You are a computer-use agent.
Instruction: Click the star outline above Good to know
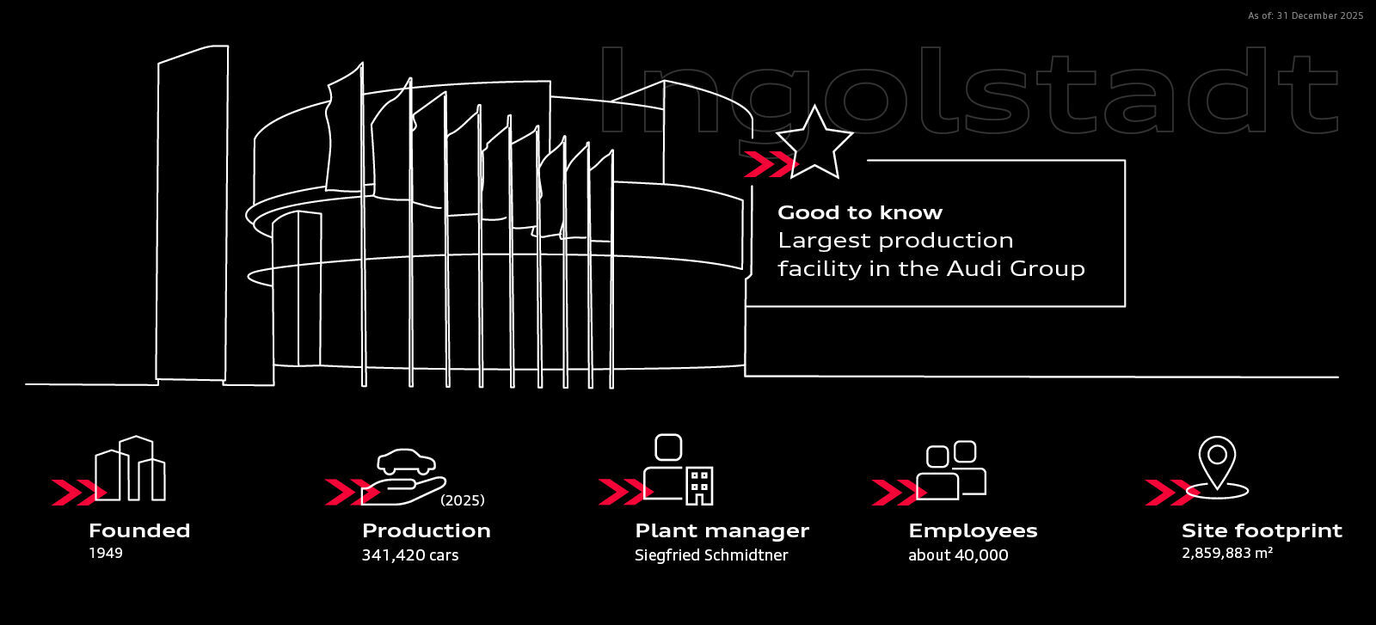click(814, 144)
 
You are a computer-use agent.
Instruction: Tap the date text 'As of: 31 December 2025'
click(1305, 15)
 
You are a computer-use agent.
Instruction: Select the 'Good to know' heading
click(859, 212)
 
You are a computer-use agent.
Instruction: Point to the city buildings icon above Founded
click(130, 469)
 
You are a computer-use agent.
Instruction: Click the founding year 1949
click(106, 553)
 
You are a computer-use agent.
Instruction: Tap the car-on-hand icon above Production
click(406, 475)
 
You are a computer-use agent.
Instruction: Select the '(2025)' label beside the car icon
click(463, 499)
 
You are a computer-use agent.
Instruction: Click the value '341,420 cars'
click(409, 555)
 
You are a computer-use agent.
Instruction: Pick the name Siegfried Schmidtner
click(710, 555)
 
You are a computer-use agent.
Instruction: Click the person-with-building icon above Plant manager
click(678, 470)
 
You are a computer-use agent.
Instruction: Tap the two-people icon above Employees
click(951, 470)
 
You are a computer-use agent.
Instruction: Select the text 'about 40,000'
click(958, 555)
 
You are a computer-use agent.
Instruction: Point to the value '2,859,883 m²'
click(1227, 554)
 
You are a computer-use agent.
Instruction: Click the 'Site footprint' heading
click(1262, 530)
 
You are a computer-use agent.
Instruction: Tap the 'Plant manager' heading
click(722, 530)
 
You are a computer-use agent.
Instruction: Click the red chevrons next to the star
click(767, 164)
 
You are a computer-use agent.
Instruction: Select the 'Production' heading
click(426, 530)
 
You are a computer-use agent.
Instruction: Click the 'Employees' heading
click(973, 530)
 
